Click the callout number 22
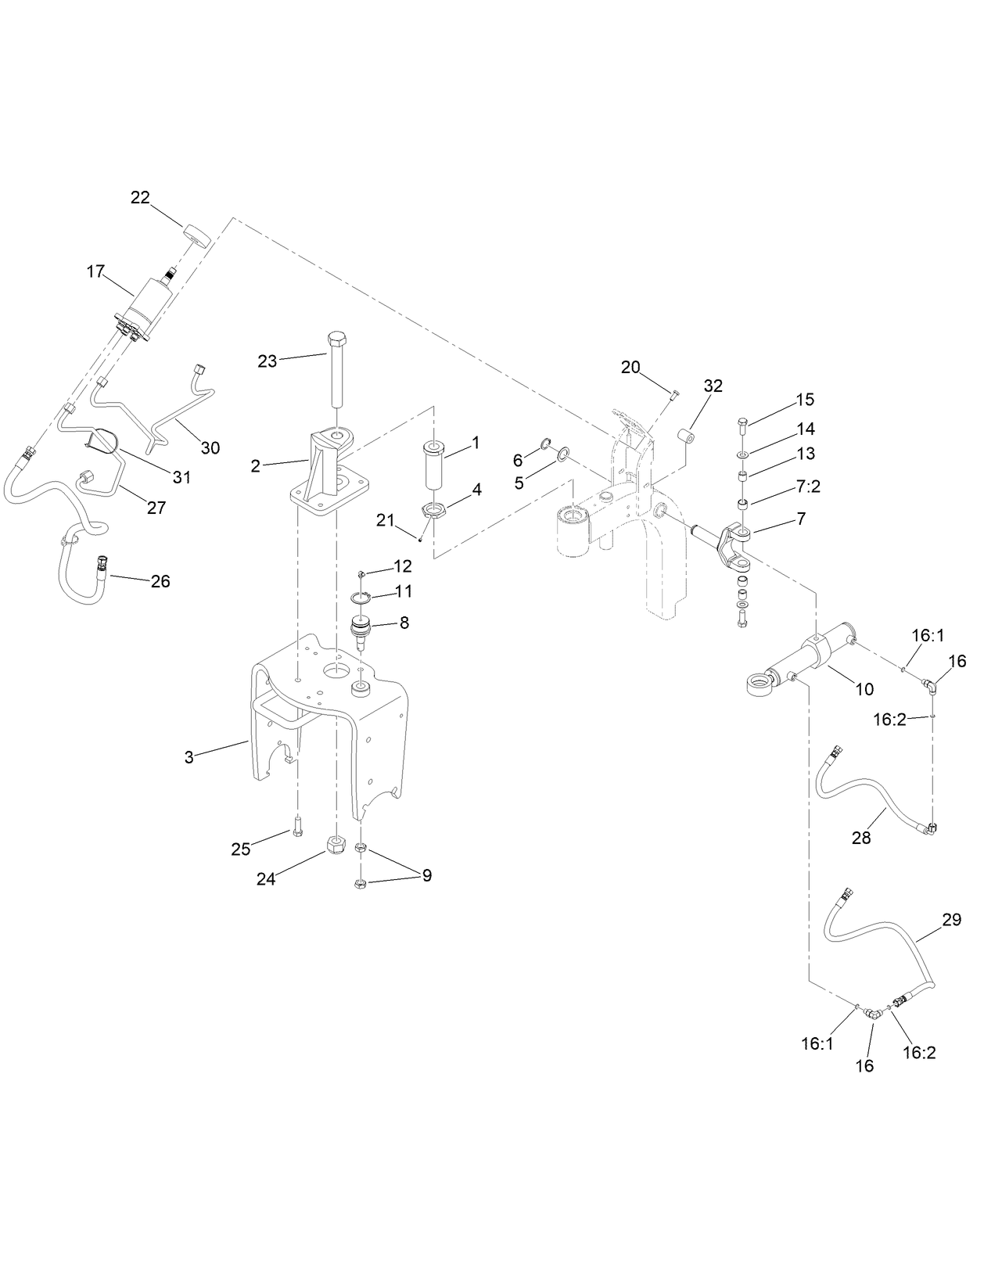point(140,198)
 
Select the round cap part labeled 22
point(198,235)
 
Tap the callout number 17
point(95,271)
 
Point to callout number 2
point(255,466)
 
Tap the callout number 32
point(713,386)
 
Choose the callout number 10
point(864,689)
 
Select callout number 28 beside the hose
point(861,838)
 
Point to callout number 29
point(951,920)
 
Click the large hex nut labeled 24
point(336,845)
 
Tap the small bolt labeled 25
point(298,827)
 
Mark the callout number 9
point(427,875)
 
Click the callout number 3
point(189,757)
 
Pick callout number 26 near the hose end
point(160,581)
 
